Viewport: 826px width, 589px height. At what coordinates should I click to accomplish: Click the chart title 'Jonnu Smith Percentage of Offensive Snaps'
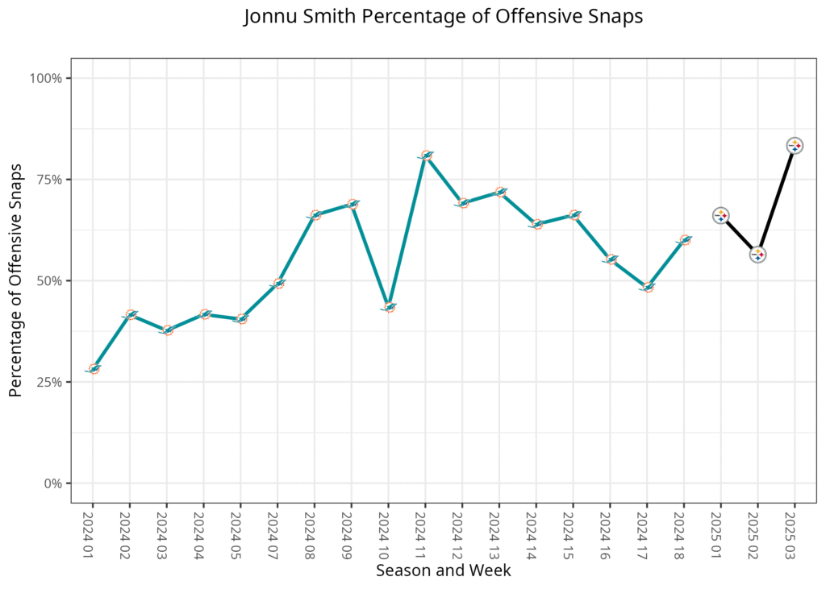coord(443,17)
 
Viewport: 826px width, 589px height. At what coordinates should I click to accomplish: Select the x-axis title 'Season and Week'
coord(443,570)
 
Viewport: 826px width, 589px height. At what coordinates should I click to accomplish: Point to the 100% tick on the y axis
coord(46,78)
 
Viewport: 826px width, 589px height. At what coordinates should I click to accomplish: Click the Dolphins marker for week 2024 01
coord(94,369)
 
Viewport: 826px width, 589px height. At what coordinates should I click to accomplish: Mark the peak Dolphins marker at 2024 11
coord(426,156)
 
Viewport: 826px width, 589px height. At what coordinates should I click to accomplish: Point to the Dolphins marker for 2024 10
coord(389,307)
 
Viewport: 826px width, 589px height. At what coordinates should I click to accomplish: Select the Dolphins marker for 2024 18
coord(685,240)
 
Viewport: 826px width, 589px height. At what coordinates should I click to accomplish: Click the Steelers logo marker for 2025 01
coord(721,215)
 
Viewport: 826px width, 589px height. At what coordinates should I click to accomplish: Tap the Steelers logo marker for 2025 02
coord(758,255)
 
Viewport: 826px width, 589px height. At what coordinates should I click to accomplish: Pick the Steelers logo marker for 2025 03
coord(795,146)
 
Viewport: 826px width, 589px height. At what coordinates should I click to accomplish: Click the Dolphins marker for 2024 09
coord(352,204)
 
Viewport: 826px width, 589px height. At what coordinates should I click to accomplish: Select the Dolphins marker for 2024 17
coord(648,287)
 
